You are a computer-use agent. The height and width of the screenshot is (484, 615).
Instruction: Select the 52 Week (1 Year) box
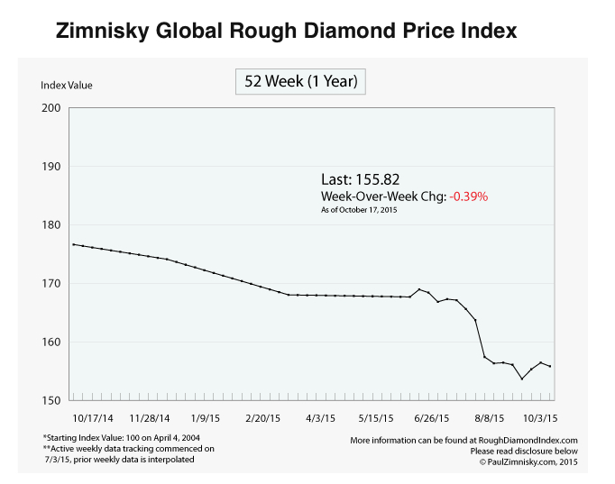click(x=300, y=81)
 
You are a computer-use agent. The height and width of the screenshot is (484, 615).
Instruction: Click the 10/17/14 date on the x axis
click(x=93, y=419)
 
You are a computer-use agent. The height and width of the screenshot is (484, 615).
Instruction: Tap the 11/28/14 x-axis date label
click(x=150, y=419)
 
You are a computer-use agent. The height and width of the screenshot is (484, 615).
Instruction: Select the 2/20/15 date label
click(x=264, y=419)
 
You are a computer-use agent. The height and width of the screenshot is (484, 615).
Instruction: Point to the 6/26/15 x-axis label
click(x=435, y=419)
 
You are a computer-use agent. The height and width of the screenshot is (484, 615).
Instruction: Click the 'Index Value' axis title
click(x=67, y=86)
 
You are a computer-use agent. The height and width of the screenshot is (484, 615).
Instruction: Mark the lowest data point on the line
click(x=522, y=379)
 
